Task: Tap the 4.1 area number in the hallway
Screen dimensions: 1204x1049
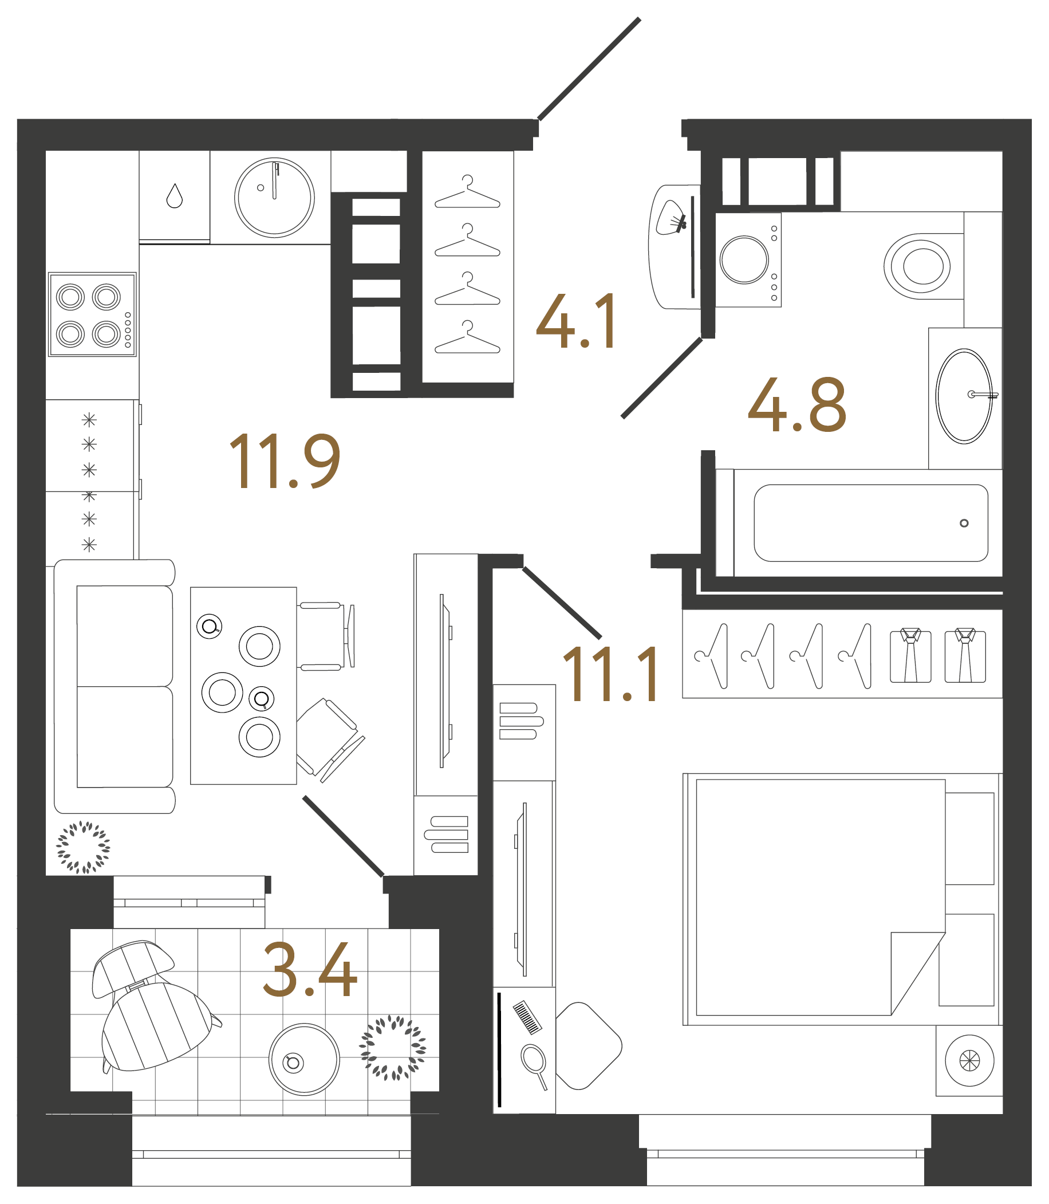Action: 576,321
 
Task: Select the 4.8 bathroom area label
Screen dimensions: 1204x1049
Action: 796,404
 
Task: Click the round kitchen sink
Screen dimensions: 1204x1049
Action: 274,198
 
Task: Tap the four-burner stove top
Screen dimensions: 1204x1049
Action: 92,314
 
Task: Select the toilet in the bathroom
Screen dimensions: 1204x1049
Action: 917,266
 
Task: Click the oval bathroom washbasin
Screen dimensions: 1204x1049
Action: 964,396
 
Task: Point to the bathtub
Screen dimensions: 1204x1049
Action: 870,523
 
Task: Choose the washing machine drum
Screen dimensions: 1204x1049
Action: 744,260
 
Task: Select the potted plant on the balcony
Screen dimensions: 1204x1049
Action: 392,1048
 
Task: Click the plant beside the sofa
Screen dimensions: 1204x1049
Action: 83,847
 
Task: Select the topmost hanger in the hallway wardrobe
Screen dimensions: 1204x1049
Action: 467,192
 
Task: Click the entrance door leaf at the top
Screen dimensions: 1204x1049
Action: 588,69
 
